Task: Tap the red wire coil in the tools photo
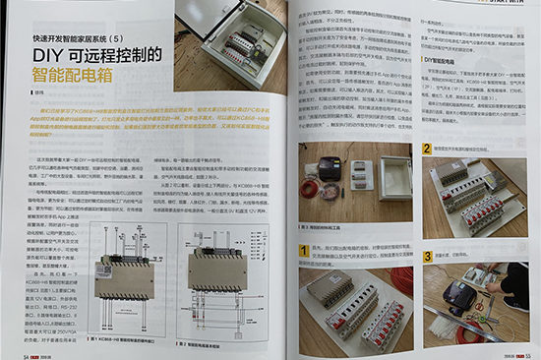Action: click(313, 186)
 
